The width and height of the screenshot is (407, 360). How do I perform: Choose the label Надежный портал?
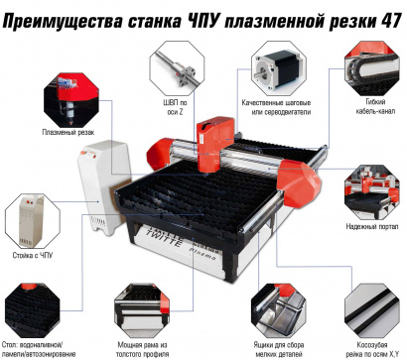(370, 227)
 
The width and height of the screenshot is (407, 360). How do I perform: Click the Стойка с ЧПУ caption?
(36, 255)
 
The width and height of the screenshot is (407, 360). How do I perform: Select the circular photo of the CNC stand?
(35, 211)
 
